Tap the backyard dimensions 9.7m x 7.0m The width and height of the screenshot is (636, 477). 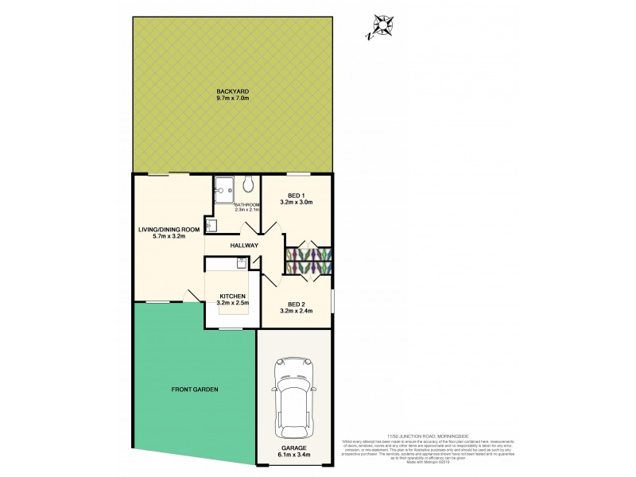point(232,99)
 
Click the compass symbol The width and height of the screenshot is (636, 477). point(384,26)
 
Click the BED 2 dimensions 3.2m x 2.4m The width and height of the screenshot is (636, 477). point(297,312)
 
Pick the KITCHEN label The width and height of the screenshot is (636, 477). point(233,297)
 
